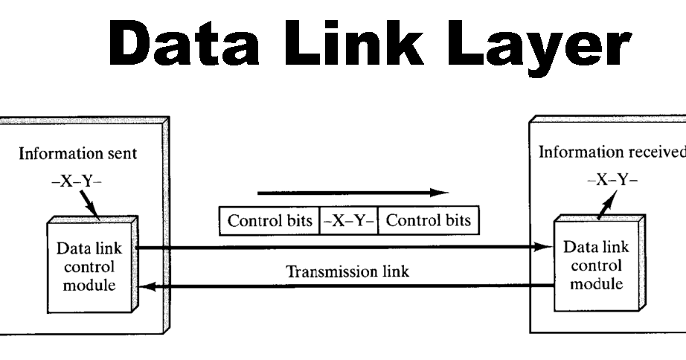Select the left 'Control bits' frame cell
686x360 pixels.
[x=269, y=221]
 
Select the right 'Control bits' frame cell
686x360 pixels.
[x=428, y=221]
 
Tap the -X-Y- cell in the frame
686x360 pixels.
[x=348, y=221]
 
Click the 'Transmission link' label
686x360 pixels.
[x=348, y=271]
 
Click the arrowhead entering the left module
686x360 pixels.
[x=147, y=285]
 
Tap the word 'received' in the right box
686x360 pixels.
[x=655, y=152]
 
